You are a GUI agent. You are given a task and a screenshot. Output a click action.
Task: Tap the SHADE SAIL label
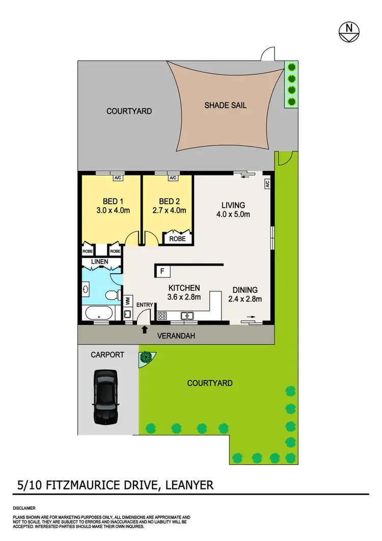225,105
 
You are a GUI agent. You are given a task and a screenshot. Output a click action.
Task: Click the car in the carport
106,397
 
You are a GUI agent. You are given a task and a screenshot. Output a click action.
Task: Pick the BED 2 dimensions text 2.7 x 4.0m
170,210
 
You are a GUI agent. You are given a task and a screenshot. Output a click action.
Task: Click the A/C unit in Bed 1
118,178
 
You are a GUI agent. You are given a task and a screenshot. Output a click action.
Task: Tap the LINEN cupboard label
100,262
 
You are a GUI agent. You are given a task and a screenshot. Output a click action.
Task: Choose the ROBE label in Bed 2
178,238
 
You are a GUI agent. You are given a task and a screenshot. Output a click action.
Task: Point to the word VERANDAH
177,336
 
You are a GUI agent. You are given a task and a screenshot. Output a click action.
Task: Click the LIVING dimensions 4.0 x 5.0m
233,214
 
